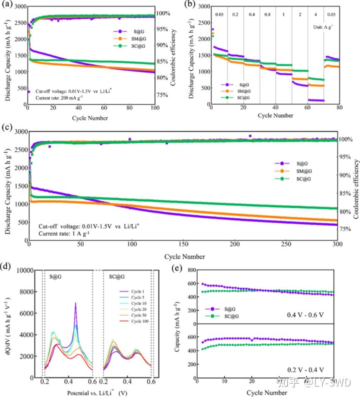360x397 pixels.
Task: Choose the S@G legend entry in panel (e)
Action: pyautogui.click(x=218, y=309)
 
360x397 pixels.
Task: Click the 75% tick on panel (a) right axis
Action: pyautogui.click(x=164, y=95)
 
